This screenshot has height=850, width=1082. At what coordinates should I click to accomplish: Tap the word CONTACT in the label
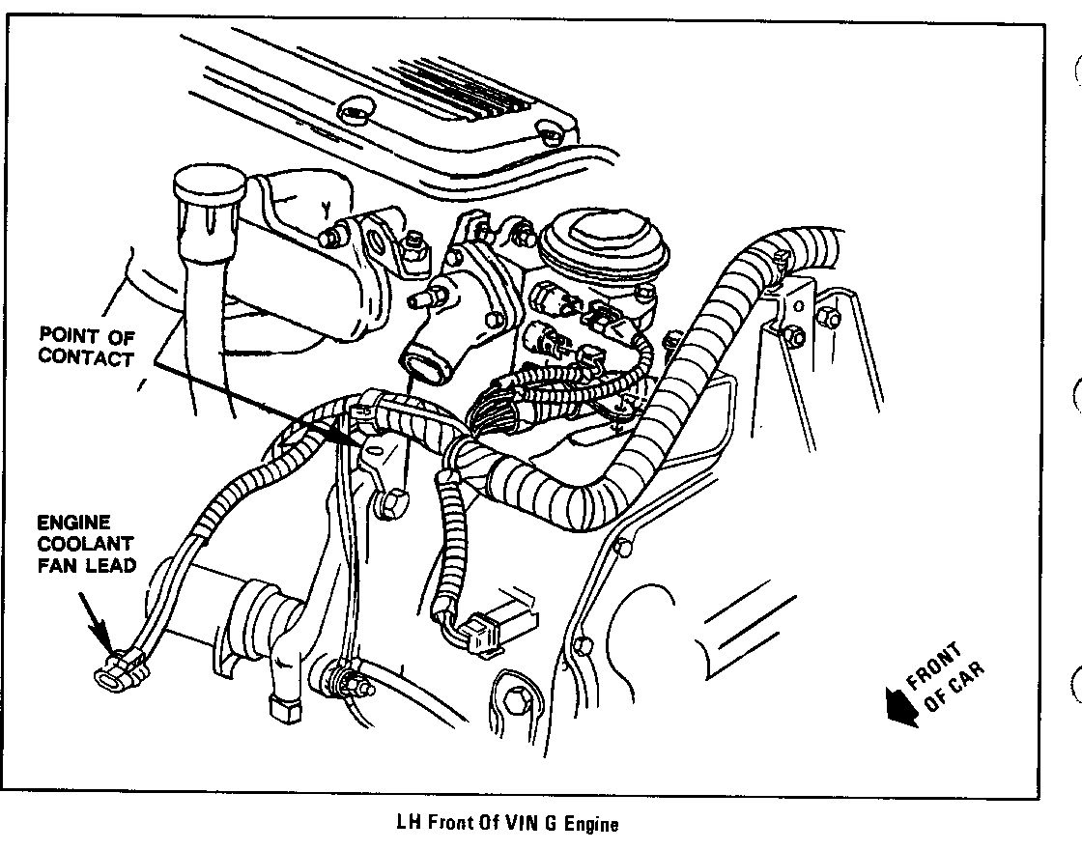click(86, 358)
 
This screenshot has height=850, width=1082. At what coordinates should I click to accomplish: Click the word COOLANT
click(85, 544)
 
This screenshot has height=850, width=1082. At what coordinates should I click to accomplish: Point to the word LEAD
click(111, 565)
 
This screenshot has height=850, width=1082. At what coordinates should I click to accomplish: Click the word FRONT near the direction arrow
click(934, 666)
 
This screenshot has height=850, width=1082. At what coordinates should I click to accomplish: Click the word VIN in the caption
click(530, 823)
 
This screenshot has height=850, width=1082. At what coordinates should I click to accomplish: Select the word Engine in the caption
click(591, 824)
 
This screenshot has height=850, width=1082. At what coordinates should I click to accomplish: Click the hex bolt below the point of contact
click(391, 504)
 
